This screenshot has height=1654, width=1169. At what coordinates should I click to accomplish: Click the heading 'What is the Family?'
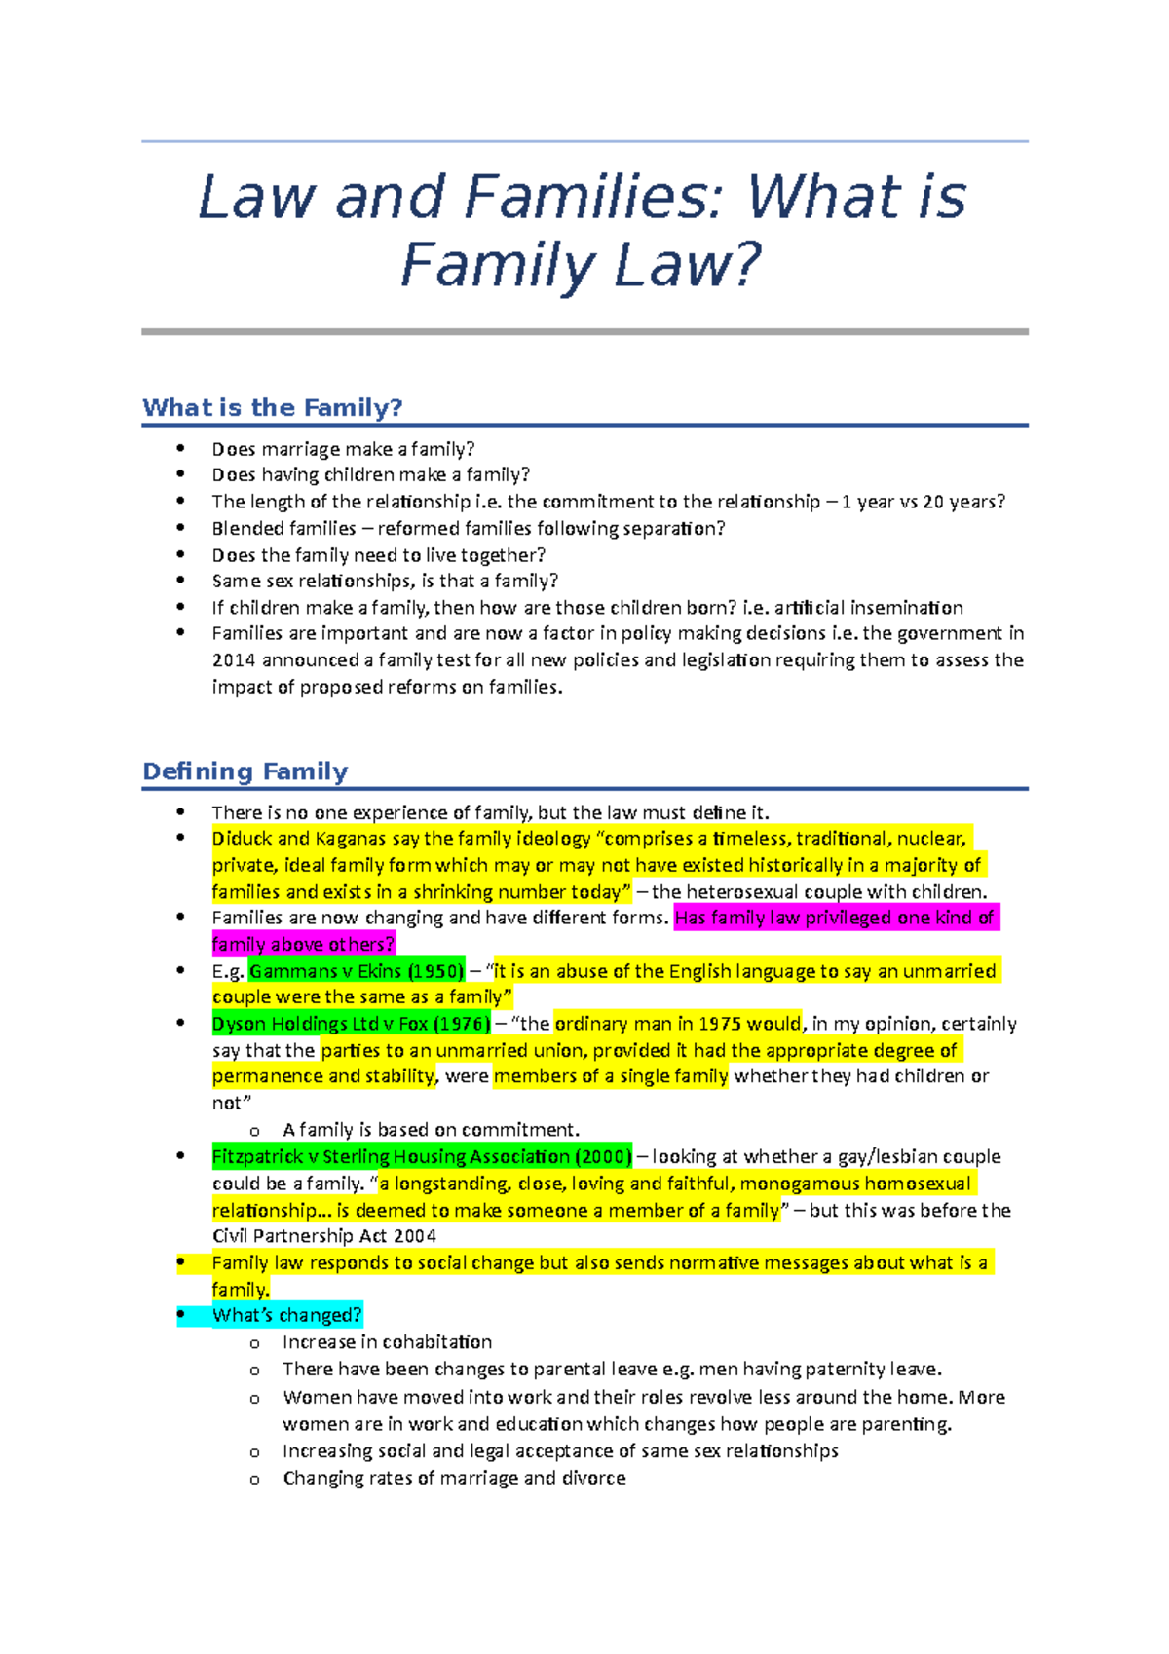pyautogui.click(x=272, y=407)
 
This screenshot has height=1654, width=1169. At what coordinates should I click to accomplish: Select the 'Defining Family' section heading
pyautogui.click(x=245, y=771)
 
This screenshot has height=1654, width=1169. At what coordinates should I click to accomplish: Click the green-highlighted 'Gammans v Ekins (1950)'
pyautogui.click(x=357, y=971)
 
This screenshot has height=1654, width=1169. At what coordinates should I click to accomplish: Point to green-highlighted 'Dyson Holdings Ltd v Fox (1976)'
pyautogui.click(x=351, y=1024)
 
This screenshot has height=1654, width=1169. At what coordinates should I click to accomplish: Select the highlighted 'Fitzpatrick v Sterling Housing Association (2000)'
pyautogui.click(x=422, y=1157)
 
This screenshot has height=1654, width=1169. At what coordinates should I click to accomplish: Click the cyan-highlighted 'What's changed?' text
pyautogui.click(x=286, y=1316)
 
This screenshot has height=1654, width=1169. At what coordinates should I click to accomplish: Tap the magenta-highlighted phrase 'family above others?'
pyautogui.click(x=303, y=944)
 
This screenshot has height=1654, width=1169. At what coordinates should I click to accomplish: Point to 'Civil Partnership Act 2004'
pyautogui.click(x=324, y=1236)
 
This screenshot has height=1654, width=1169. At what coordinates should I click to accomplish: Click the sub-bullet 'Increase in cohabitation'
pyautogui.click(x=387, y=1342)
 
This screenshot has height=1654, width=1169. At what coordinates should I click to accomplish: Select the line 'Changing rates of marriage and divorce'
pyautogui.click(x=454, y=1478)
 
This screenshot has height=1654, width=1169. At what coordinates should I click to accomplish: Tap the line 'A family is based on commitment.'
pyautogui.click(x=431, y=1130)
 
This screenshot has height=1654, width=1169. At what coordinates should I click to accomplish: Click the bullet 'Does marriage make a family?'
pyautogui.click(x=343, y=449)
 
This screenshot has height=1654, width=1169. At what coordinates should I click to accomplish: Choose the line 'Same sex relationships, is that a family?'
pyautogui.click(x=385, y=582)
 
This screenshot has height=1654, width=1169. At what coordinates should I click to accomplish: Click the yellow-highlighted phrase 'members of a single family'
pyautogui.click(x=611, y=1076)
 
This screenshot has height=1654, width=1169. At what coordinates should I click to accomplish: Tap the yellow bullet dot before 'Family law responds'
pyautogui.click(x=181, y=1261)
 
